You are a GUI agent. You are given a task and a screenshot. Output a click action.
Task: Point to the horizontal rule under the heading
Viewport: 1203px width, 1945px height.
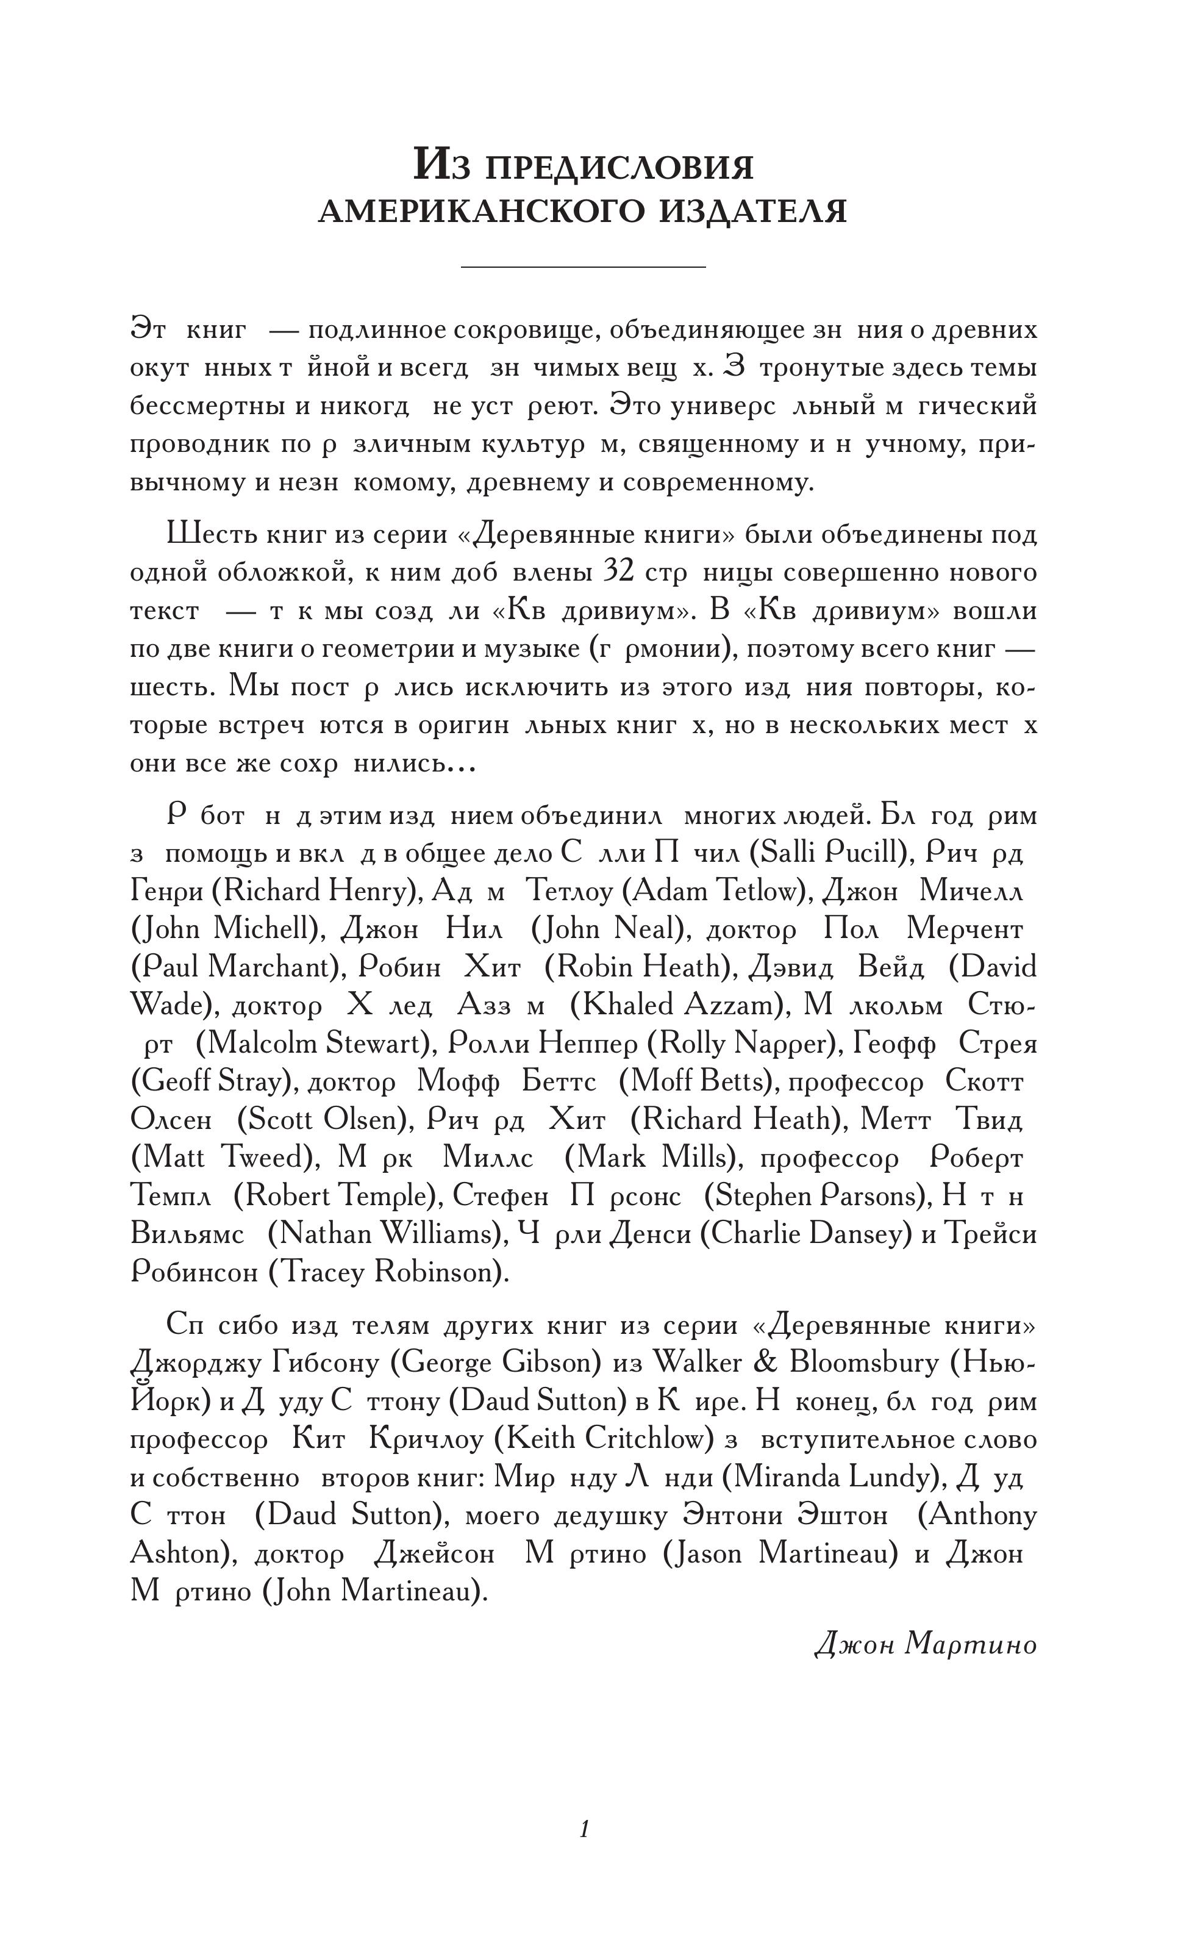pyautogui.click(x=583, y=267)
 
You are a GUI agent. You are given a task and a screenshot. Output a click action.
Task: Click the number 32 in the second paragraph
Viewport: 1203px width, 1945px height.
pyautogui.click(x=618, y=572)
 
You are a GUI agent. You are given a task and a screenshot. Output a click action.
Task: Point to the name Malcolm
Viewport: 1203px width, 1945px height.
pyautogui.click(x=256, y=1042)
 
